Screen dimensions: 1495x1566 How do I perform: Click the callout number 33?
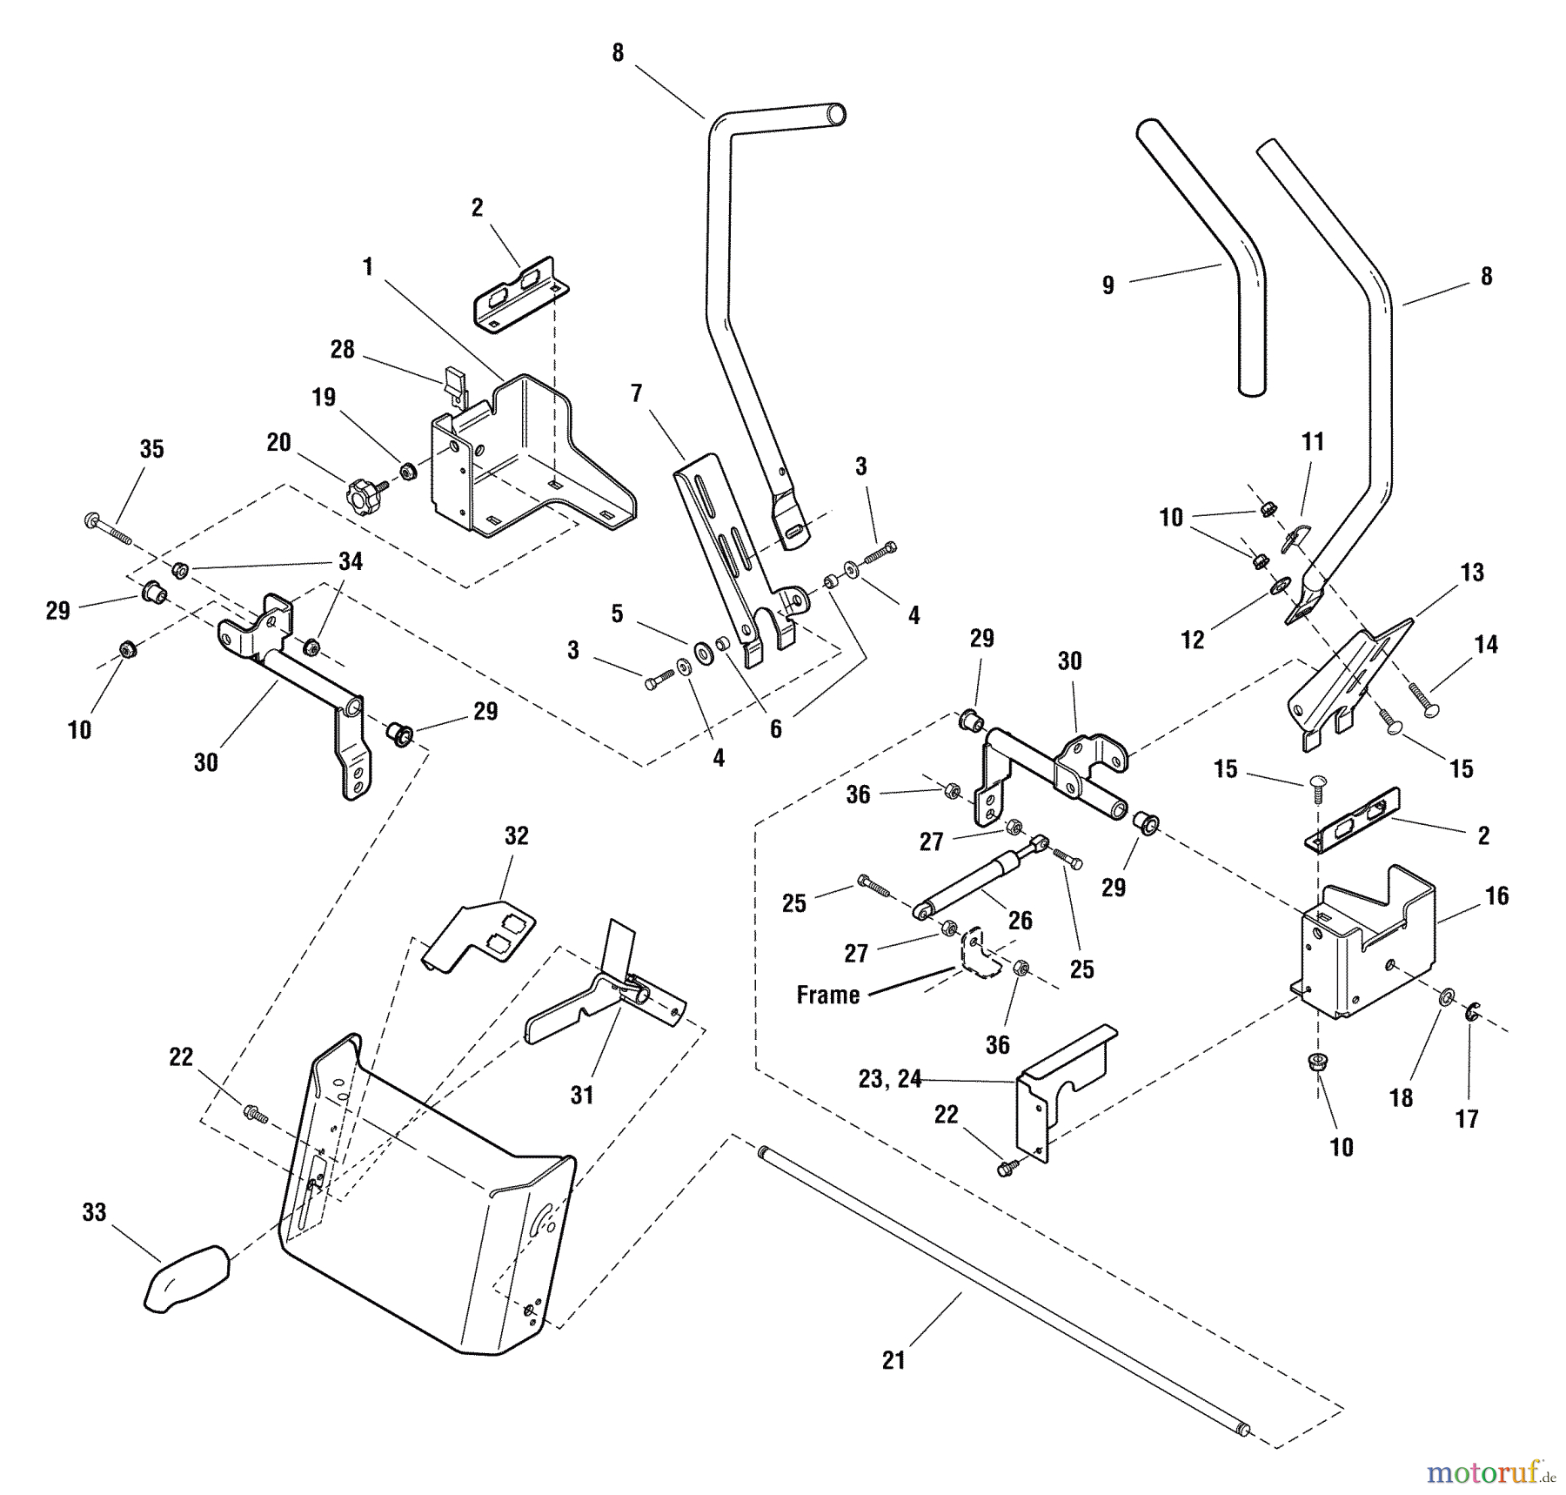click(x=94, y=1212)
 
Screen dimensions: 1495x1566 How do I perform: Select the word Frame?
click(x=827, y=995)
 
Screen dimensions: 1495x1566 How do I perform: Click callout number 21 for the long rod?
click(x=893, y=1360)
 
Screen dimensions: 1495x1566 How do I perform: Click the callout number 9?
click(x=1108, y=285)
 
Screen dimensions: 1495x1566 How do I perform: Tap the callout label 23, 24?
click(x=889, y=1079)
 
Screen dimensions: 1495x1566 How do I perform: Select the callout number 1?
click(x=368, y=266)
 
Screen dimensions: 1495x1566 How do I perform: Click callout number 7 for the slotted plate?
click(x=636, y=393)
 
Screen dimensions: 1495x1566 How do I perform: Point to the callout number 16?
click(x=1496, y=895)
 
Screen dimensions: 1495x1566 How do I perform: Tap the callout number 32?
click(x=516, y=836)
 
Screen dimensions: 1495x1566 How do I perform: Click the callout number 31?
click(x=581, y=1095)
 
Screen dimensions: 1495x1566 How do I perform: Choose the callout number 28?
click(x=342, y=349)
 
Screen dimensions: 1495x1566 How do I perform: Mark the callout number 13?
click(x=1472, y=573)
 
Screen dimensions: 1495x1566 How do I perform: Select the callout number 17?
click(x=1467, y=1119)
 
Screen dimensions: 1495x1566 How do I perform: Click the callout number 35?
click(x=151, y=449)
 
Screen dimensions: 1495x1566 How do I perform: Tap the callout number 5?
click(x=617, y=613)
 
